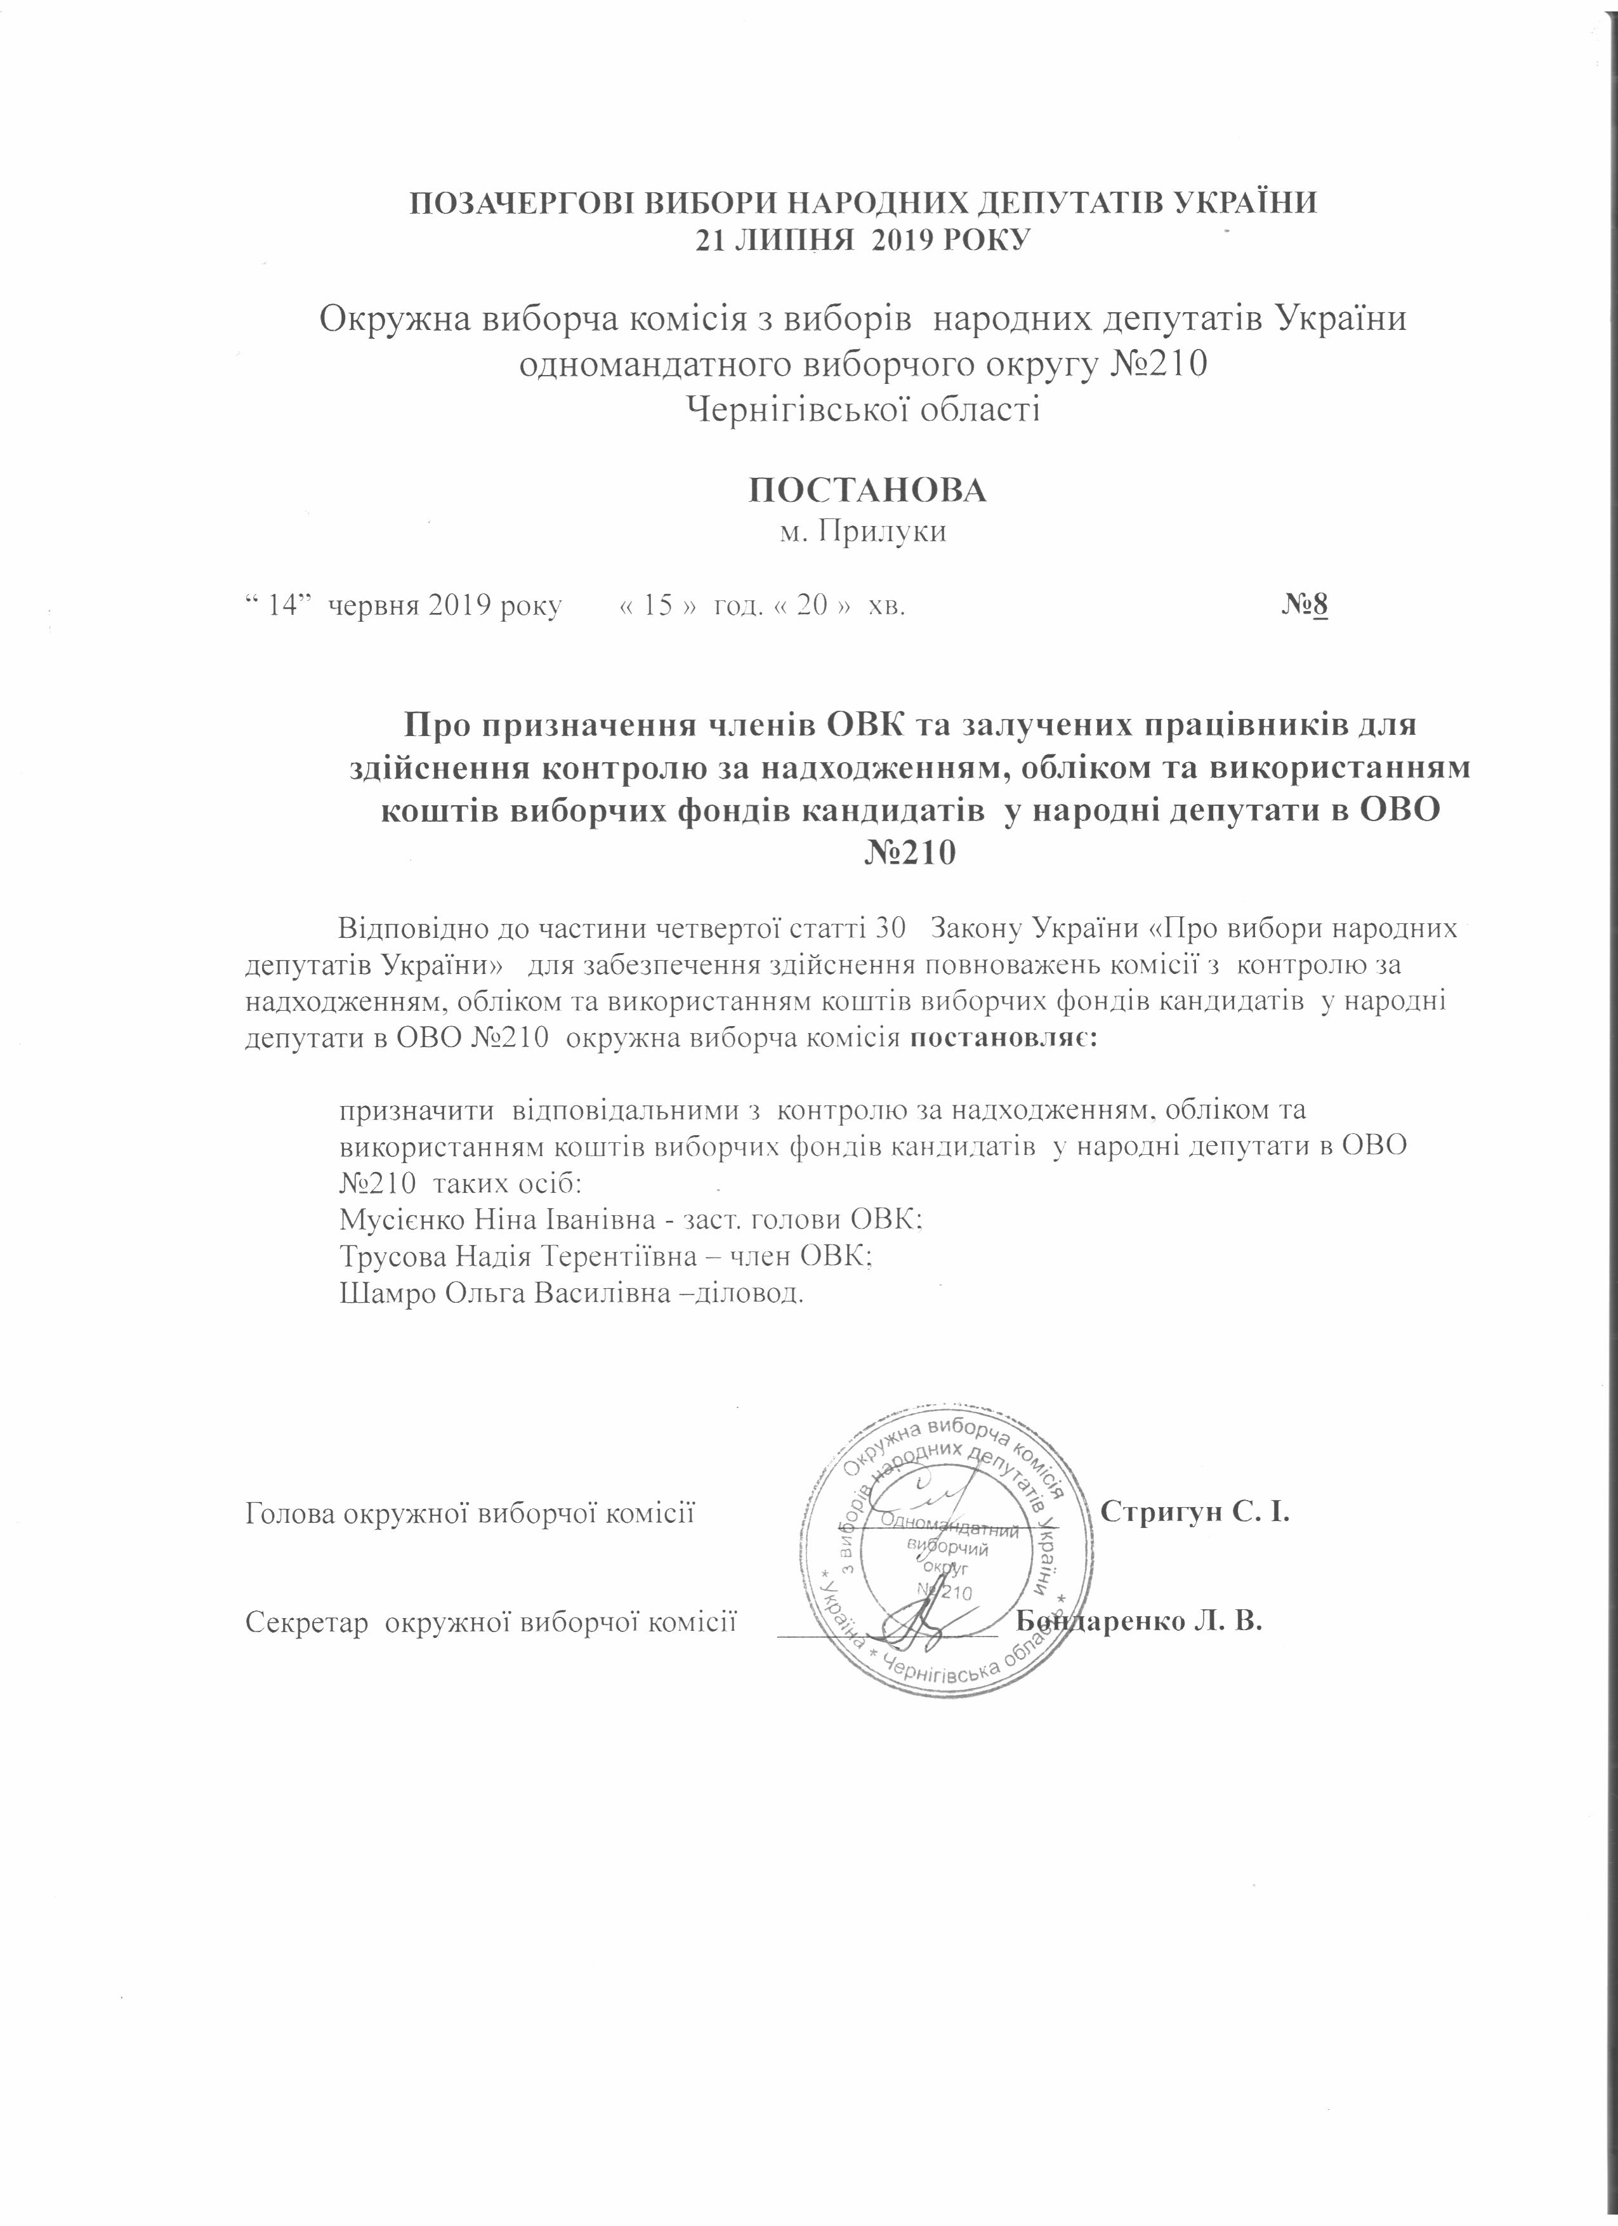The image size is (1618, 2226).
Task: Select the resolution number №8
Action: pos(1304,605)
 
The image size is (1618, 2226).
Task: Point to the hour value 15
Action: pos(657,605)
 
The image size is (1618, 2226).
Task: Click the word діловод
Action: pos(754,1293)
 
